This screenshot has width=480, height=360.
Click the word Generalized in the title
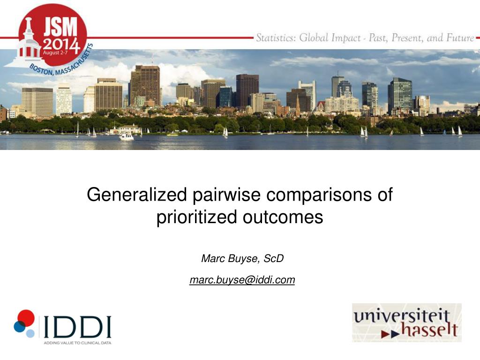click(x=136, y=195)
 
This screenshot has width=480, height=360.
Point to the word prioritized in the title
click(x=196, y=217)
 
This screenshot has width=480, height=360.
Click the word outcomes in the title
click(x=283, y=217)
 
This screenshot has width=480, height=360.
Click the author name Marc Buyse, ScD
click(x=242, y=258)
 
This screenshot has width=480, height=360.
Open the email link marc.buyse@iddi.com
click(x=242, y=280)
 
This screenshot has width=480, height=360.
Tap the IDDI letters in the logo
click(x=77, y=327)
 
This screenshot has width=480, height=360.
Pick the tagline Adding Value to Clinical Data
click(x=77, y=343)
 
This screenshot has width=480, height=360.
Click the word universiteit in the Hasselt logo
click(x=402, y=316)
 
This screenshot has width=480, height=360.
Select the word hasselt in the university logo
click(x=429, y=330)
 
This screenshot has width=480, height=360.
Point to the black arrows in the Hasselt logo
click(x=390, y=334)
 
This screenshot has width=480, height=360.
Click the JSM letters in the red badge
click(x=60, y=27)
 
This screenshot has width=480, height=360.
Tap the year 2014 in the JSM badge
click(x=61, y=45)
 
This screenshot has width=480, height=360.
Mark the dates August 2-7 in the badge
click(x=55, y=52)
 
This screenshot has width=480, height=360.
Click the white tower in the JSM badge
click(x=27, y=43)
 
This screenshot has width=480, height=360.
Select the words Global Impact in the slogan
click(x=330, y=37)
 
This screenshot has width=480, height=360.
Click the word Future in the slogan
click(x=460, y=37)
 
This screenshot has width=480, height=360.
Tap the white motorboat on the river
click(x=127, y=136)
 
